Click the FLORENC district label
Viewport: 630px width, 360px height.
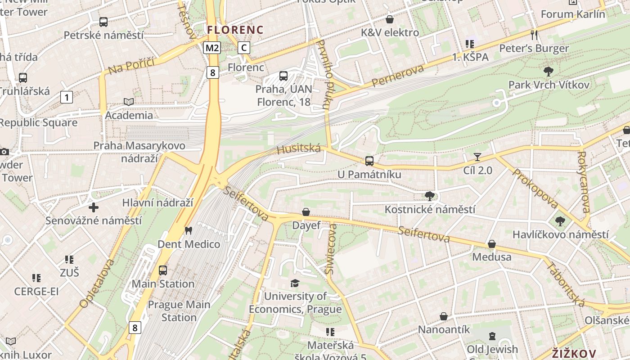[235, 30]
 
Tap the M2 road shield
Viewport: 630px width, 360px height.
[212, 48]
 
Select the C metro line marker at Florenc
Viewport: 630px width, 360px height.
[243, 47]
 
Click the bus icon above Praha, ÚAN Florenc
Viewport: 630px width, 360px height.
[283, 76]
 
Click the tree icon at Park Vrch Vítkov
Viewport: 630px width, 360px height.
[548, 71]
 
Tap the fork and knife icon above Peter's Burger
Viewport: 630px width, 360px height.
[534, 35]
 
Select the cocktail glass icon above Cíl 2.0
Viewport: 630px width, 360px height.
[477, 157]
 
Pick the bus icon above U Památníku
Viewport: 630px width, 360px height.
[369, 161]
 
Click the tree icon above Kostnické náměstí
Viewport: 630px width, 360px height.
[429, 196]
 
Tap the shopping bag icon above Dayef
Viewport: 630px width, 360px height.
[306, 212]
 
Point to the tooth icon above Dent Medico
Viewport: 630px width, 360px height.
[189, 231]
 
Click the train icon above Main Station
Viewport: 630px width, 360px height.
[163, 270]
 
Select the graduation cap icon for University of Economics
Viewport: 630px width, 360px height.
[295, 283]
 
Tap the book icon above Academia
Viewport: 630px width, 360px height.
[129, 102]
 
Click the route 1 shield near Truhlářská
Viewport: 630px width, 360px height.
[67, 97]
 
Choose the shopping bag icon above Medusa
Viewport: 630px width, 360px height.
[491, 244]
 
